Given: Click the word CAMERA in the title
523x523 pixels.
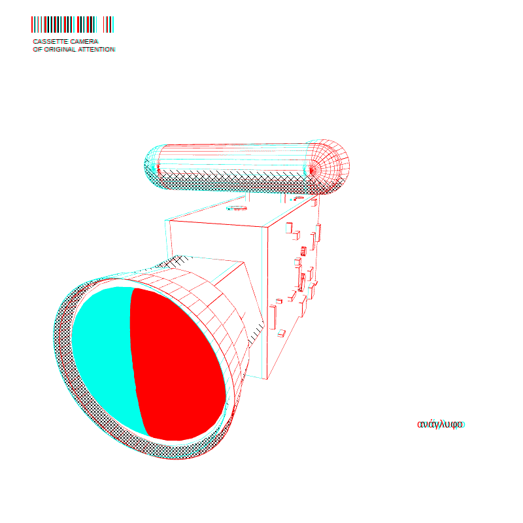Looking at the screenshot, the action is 84,41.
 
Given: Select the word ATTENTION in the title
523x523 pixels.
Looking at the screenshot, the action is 97,50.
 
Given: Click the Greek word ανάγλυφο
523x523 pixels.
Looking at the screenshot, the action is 441,424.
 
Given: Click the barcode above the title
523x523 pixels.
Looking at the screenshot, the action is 73,24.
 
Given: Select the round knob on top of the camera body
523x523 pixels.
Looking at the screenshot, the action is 237,209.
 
